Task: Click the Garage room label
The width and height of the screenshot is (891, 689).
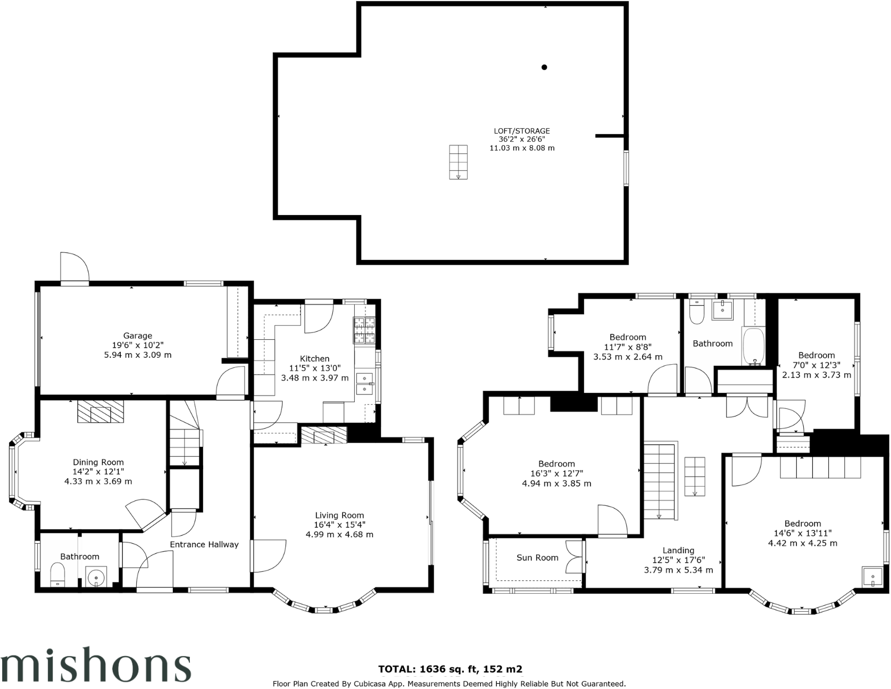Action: click(138, 336)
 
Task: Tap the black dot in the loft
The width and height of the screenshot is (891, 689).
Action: click(544, 67)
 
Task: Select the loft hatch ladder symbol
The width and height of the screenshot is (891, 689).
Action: click(458, 162)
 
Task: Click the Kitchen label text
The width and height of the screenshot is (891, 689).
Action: click(314, 359)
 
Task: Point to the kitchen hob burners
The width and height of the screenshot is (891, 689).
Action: click(364, 330)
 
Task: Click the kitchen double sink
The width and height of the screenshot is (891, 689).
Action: click(365, 383)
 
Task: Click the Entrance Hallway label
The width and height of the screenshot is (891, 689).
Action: click(204, 544)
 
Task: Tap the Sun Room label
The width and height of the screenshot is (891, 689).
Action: click(537, 557)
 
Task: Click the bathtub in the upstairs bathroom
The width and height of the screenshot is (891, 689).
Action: click(753, 346)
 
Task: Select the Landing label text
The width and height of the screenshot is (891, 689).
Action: click(678, 551)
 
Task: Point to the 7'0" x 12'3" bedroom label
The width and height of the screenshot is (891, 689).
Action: click(817, 356)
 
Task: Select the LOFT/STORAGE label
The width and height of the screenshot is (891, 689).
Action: click(522, 131)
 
